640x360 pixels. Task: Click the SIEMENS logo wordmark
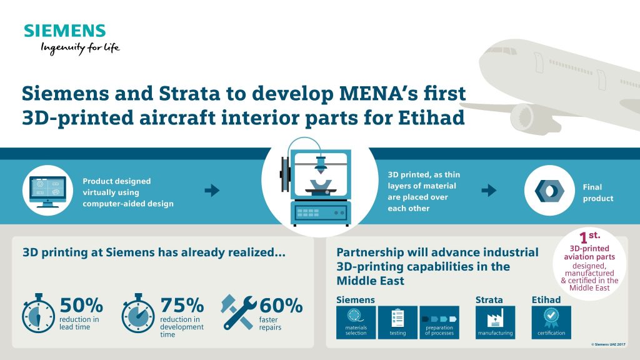(x=65, y=31)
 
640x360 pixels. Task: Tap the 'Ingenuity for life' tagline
(x=80, y=48)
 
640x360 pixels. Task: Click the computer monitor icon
(x=47, y=191)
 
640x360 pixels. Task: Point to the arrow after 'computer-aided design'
(x=212, y=190)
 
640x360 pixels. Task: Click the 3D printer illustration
(x=318, y=182)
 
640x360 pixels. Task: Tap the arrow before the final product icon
(x=489, y=190)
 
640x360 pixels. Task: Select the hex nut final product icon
(x=549, y=191)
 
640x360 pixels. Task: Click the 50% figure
(x=81, y=305)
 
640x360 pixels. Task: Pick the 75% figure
(x=182, y=305)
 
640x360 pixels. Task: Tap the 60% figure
(x=281, y=305)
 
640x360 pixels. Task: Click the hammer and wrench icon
(x=238, y=312)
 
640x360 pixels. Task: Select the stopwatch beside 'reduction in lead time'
(x=38, y=313)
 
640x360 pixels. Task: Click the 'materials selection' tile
(x=356, y=322)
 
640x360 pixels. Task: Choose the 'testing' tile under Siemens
(x=397, y=322)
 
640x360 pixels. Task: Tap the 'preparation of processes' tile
(x=439, y=322)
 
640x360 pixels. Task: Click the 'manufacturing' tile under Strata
(x=495, y=322)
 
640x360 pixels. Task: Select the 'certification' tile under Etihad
(x=551, y=322)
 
